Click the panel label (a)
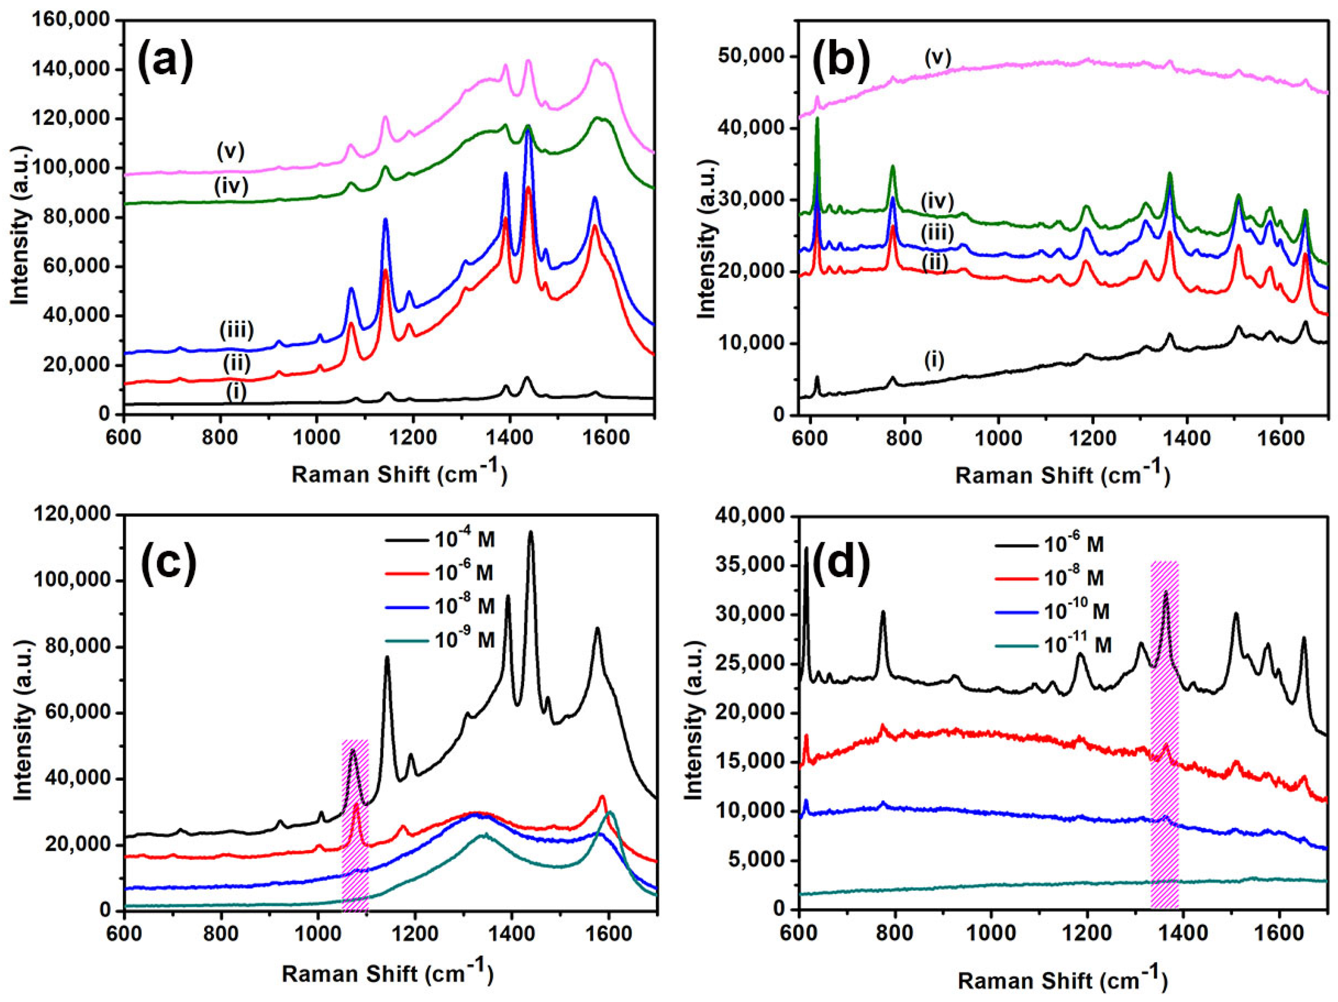click(165, 60)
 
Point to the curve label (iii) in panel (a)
click(237, 330)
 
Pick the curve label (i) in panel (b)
click(934, 361)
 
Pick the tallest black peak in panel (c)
click(531, 532)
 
